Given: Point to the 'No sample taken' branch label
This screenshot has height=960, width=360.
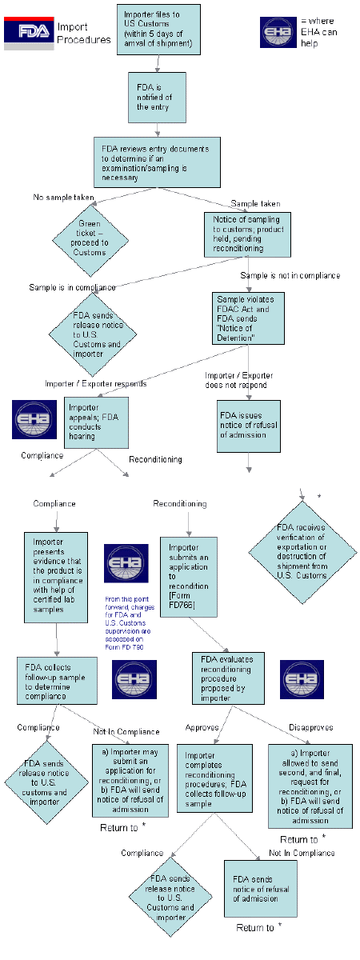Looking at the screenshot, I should pos(63,198).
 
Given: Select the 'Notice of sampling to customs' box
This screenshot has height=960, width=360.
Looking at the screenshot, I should pos(245,234).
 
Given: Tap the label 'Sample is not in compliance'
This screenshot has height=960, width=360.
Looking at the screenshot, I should pos(290,275).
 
